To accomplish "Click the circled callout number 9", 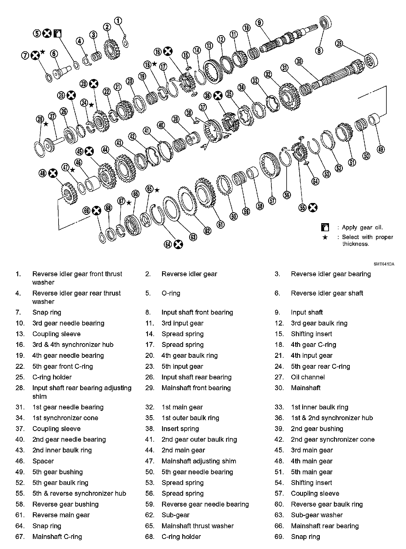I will tap(259, 22).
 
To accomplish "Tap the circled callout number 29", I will tap(339, 44).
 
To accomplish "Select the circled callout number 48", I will tap(43, 173).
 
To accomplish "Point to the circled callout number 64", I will tap(168, 245).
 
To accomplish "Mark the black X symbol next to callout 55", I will tap(313, 208).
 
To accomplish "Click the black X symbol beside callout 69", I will tap(97, 211).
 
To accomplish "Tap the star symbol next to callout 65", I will tap(157, 190).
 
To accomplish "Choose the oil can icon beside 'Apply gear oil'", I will tap(325, 227).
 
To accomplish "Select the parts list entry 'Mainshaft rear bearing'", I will tap(325, 526).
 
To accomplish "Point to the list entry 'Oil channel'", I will tap(308, 377).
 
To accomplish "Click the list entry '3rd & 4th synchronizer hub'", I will tap(73, 345).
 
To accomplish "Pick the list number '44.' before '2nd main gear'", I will tap(149, 450).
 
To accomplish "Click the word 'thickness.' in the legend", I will tap(356, 244).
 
